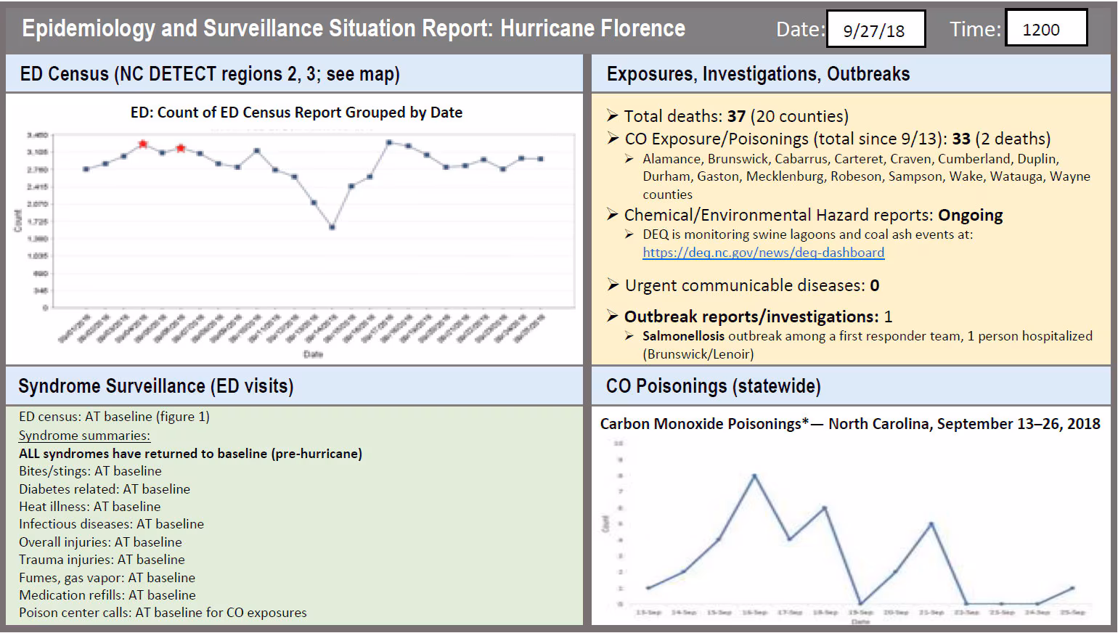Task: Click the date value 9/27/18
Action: point(874,30)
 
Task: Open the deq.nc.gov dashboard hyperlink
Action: point(763,253)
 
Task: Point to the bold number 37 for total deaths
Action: point(736,116)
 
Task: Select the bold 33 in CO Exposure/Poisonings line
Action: point(961,139)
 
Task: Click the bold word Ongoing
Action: point(970,215)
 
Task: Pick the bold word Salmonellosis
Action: point(683,336)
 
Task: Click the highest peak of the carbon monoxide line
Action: point(754,475)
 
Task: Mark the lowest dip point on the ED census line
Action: point(332,227)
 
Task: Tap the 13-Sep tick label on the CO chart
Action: point(648,613)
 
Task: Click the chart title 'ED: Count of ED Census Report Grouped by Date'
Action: point(296,113)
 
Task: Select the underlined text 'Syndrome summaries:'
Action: point(84,436)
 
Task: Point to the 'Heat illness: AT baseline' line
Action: point(90,507)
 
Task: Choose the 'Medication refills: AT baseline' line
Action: point(107,595)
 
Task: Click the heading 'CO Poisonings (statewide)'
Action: point(713,385)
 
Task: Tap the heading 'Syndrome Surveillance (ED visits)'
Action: point(156,385)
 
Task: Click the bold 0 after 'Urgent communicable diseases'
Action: point(875,285)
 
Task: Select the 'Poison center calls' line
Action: point(163,613)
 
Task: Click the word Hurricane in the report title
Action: point(545,28)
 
